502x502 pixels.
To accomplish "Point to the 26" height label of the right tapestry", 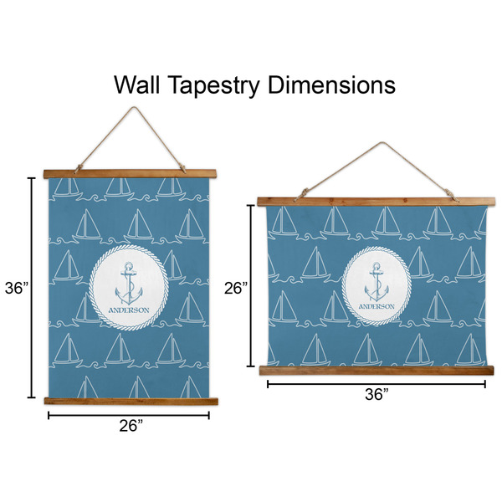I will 237,288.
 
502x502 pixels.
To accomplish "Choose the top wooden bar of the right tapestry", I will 376,201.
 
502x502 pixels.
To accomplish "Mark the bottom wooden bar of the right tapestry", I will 376,370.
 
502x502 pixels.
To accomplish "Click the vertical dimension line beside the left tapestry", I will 33,288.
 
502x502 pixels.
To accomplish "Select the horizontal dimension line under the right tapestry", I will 376,384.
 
